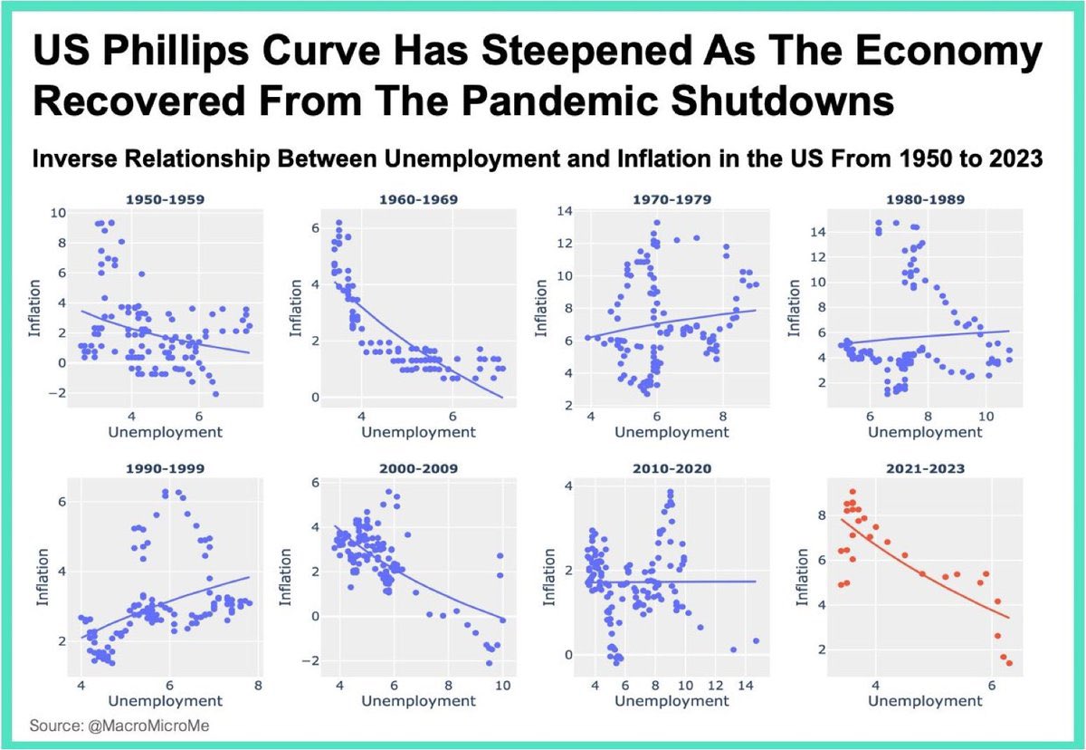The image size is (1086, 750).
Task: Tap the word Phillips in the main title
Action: pyautogui.click(x=202, y=54)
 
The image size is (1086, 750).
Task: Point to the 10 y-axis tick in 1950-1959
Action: pyautogui.click(x=58, y=213)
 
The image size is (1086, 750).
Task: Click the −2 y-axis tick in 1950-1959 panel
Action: pyautogui.click(x=58, y=394)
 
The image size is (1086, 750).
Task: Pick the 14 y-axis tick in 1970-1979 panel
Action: pyautogui.click(x=565, y=212)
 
